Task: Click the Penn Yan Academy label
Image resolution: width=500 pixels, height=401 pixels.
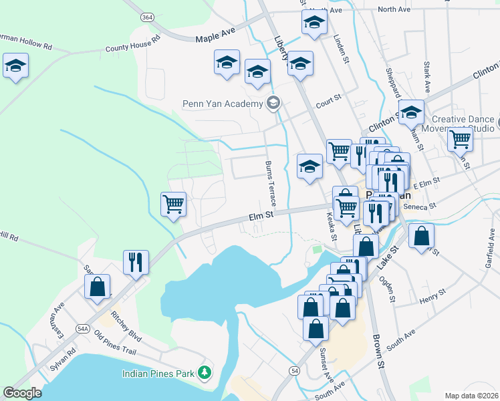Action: tap(223, 104)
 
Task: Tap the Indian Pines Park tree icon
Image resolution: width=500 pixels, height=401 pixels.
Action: tap(206, 372)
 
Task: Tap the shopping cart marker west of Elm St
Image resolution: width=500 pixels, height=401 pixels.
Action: tap(174, 204)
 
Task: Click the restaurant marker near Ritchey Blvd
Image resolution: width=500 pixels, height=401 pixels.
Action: tap(136, 262)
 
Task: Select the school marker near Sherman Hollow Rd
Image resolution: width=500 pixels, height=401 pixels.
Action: tap(15, 67)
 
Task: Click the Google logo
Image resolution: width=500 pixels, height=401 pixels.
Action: tap(22, 392)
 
